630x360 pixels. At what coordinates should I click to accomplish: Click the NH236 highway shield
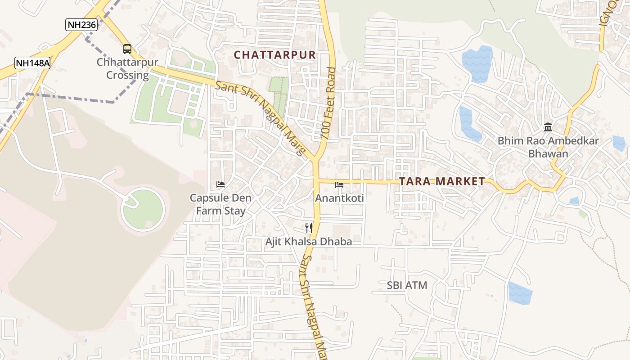pos(81,25)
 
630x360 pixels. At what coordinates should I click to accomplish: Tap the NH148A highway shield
pos(32,63)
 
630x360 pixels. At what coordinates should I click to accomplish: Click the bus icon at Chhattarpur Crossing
pos(127,49)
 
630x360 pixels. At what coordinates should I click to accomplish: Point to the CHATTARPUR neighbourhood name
pos(275,55)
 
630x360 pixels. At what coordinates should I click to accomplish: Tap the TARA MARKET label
pos(442,181)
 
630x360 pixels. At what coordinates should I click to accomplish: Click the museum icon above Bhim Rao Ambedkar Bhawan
pos(548,127)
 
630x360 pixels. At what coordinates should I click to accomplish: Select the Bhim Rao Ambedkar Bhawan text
pos(548,147)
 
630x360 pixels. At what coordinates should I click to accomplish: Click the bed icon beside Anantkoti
pos(339,185)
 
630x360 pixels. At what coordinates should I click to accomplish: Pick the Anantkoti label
pos(339,198)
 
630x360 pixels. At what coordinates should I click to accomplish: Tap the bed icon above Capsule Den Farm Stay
pos(220,184)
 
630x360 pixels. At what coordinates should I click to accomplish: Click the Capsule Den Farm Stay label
pos(220,204)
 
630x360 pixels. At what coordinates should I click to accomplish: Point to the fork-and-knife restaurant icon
pos(309,228)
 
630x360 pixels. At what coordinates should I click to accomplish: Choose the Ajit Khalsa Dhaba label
pos(308,242)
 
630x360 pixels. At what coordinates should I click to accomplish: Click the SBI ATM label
pos(407,285)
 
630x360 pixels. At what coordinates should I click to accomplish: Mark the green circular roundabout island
pos(144,209)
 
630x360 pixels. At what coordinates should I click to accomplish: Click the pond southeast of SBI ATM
pos(520,292)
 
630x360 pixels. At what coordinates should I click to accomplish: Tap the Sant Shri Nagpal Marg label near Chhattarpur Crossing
pos(261,118)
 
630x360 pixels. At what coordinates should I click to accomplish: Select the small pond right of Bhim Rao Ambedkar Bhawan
pos(619,143)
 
